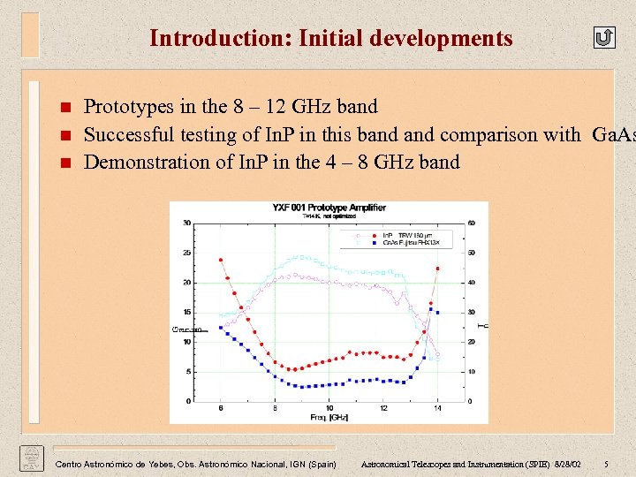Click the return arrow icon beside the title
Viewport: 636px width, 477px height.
(x=603, y=37)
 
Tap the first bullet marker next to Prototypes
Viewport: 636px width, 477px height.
(x=64, y=109)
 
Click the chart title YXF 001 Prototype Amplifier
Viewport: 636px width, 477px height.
(x=329, y=208)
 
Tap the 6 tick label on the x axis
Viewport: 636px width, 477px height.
(x=221, y=407)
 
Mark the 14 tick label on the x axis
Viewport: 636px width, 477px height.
(x=436, y=407)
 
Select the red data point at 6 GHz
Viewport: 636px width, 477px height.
(x=221, y=260)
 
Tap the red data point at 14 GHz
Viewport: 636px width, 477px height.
(x=437, y=269)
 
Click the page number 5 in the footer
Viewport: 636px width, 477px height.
(x=606, y=464)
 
